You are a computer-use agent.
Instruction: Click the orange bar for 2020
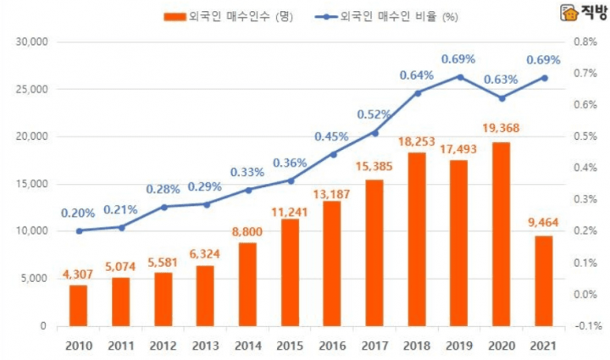(502, 234)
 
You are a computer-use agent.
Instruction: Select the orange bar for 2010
(78, 305)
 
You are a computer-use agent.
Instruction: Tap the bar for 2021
(544, 280)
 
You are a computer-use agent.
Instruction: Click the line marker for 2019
(460, 76)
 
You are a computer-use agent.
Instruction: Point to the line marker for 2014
(248, 190)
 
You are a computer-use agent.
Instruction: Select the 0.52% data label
(374, 114)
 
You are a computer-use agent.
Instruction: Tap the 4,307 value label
(79, 274)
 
